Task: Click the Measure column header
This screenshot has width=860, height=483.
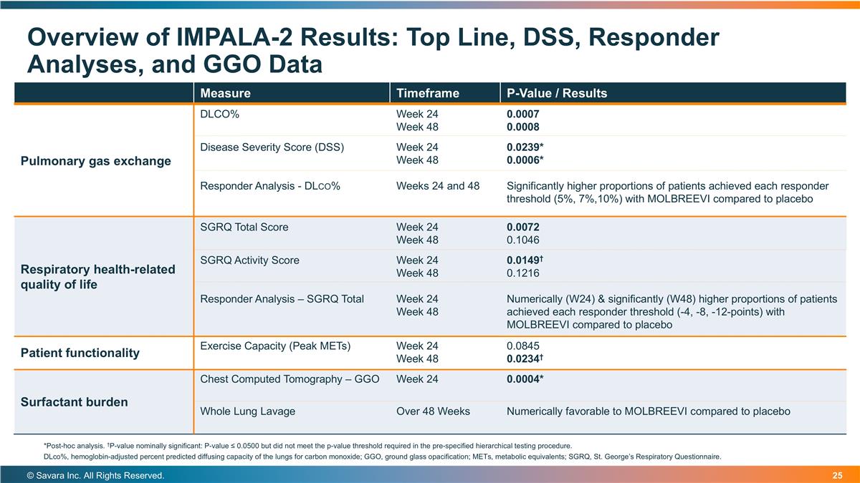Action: point(225,93)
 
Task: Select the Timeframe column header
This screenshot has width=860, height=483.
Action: point(427,93)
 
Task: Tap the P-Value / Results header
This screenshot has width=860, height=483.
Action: point(556,93)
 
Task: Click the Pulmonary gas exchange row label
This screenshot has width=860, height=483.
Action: point(95,161)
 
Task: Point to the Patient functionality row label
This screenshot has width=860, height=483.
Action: point(80,353)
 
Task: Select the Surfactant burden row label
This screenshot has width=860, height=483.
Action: point(75,402)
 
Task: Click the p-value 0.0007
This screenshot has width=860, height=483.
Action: point(522,114)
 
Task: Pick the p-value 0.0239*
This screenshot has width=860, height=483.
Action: point(525,147)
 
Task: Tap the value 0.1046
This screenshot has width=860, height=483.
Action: point(523,240)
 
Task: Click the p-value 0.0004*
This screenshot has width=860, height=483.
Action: point(525,379)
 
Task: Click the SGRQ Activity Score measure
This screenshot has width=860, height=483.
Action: point(249,260)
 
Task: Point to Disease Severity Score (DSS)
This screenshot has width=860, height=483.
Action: point(272,147)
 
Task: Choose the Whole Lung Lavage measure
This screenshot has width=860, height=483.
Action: point(247,411)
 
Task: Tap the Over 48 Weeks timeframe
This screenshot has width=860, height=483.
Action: point(433,411)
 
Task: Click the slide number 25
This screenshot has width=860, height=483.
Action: point(837,476)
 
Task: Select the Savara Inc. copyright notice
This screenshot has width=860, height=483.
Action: point(95,476)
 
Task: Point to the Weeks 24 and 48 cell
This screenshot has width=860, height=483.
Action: point(438,186)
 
